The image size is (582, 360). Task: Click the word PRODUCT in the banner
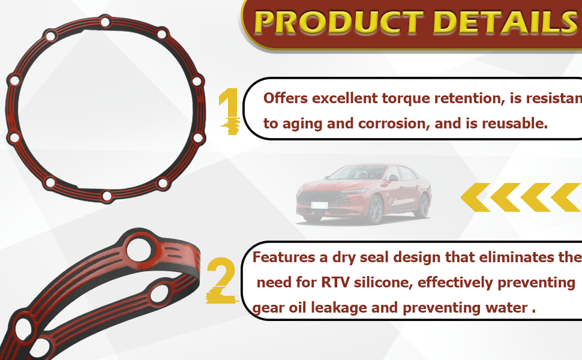pos(339,23)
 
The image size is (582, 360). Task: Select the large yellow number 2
pos(221,281)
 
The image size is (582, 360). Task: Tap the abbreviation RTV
pos(335,283)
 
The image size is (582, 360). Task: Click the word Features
pos(284,257)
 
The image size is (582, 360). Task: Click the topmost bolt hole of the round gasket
pos(106,22)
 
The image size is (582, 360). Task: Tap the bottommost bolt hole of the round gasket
pos(107,196)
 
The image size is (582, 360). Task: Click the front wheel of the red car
pos(375,209)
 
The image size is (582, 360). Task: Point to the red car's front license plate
pos(319,205)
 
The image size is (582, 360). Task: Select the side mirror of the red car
pos(393,178)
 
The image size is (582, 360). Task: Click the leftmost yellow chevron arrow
pos(475,197)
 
